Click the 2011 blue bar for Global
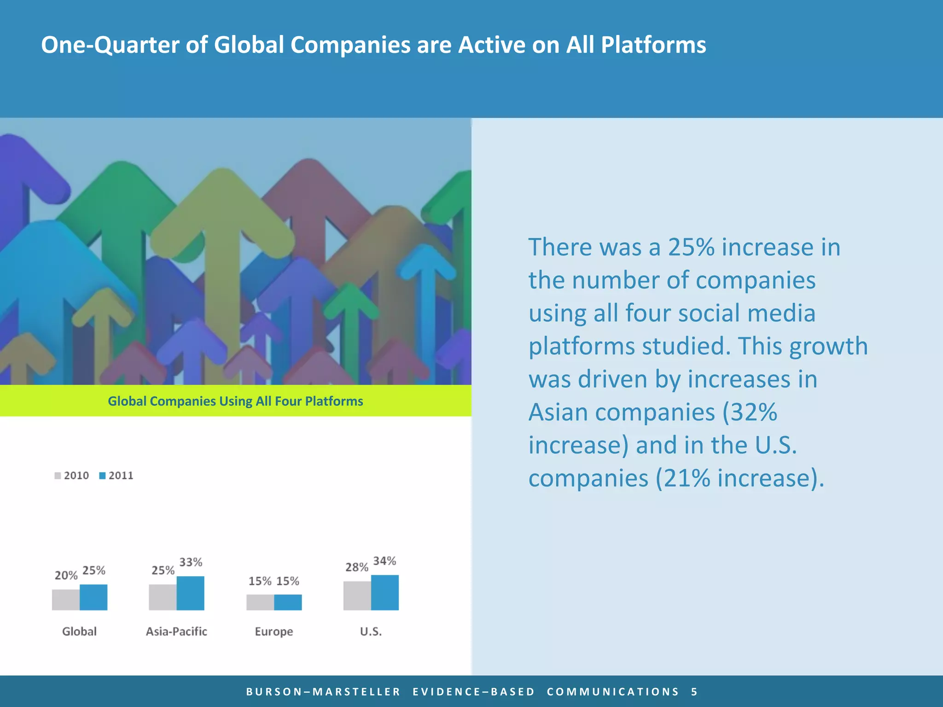[x=93, y=597]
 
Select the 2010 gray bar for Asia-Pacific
[x=163, y=597]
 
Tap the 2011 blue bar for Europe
[x=288, y=602]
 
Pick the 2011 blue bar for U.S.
[x=385, y=592]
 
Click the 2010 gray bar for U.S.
[x=357, y=596]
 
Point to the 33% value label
[x=191, y=562]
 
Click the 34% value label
[x=384, y=561]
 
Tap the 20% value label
[x=66, y=575]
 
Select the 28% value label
[x=357, y=567]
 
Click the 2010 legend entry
[x=72, y=475]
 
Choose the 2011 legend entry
[x=116, y=475]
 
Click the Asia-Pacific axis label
[x=176, y=631]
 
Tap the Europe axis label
[x=274, y=631]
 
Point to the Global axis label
[x=79, y=631]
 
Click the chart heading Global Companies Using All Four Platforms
[x=235, y=401]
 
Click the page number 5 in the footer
[x=694, y=691]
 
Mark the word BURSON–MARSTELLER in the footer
[x=323, y=691]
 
